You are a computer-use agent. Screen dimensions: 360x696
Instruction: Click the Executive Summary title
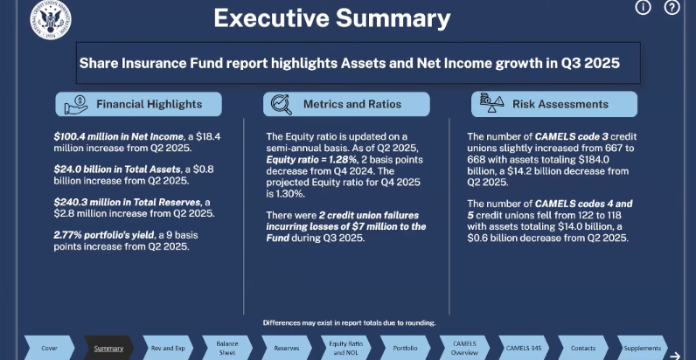(x=332, y=17)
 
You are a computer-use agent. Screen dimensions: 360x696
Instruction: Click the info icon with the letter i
(x=643, y=8)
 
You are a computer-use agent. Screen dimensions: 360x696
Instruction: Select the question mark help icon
(x=672, y=8)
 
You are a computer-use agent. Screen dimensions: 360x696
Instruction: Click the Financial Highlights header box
(x=138, y=104)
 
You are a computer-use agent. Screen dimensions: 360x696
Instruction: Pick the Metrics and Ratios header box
(x=346, y=104)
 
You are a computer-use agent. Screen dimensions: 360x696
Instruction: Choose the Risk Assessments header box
(x=553, y=104)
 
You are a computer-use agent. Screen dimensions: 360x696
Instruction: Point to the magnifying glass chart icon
(x=282, y=104)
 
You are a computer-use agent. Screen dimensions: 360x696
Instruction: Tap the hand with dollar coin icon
(x=74, y=104)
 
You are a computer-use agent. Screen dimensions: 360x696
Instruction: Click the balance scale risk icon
(x=488, y=104)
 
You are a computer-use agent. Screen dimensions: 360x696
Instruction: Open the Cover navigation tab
(x=50, y=348)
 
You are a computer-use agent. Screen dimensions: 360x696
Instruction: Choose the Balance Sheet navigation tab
(x=226, y=348)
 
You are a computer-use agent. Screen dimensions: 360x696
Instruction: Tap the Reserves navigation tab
(x=286, y=348)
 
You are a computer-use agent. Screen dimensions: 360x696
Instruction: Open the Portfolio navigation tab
(x=405, y=348)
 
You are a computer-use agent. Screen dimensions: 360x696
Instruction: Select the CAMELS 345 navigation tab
(x=524, y=348)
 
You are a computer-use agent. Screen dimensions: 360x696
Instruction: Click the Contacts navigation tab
(x=583, y=348)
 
